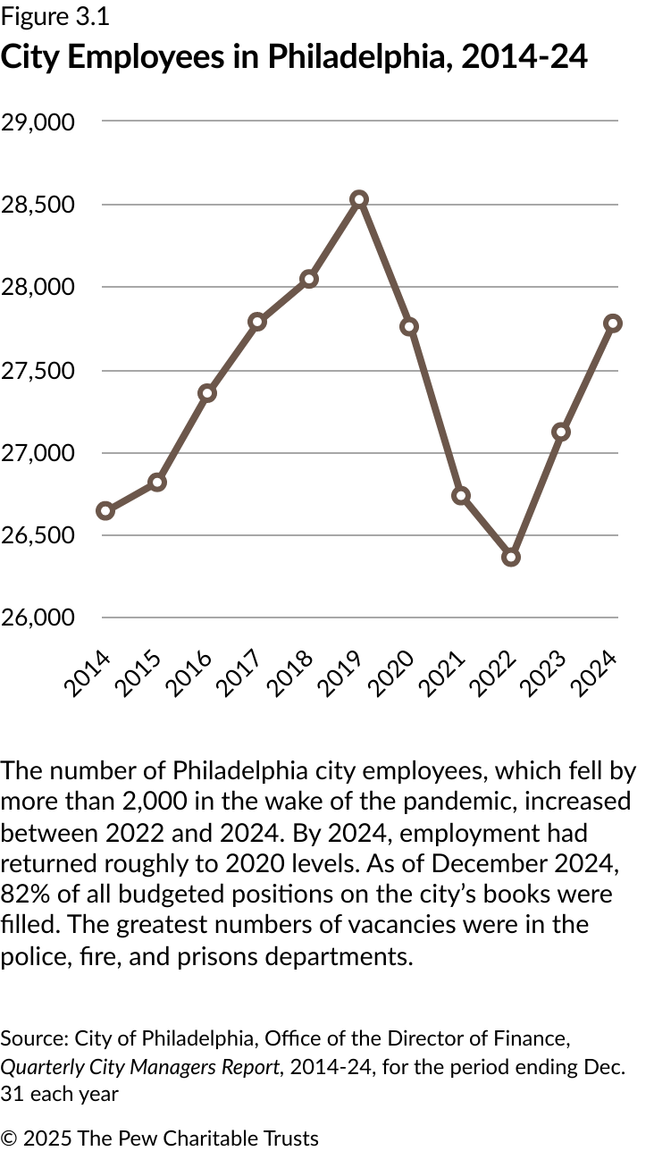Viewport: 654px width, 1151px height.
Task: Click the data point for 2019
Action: click(x=359, y=199)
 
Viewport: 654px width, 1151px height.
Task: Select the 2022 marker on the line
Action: click(x=511, y=557)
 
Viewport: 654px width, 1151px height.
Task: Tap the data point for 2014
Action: click(x=105, y=511)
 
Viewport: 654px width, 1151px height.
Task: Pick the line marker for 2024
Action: click(x=613, y=323)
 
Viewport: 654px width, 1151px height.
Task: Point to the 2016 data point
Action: click(x=207, y=393)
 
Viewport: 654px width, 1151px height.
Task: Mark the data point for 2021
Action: click(x=461, y=496)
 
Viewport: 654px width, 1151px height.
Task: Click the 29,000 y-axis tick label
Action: click(x=38, y=122)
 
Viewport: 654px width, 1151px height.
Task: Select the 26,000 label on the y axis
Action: click(x=38, y=618)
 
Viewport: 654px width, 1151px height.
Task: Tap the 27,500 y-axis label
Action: click(x=38, y=370)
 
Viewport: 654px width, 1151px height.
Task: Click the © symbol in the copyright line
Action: click(x=9, y=1138)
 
